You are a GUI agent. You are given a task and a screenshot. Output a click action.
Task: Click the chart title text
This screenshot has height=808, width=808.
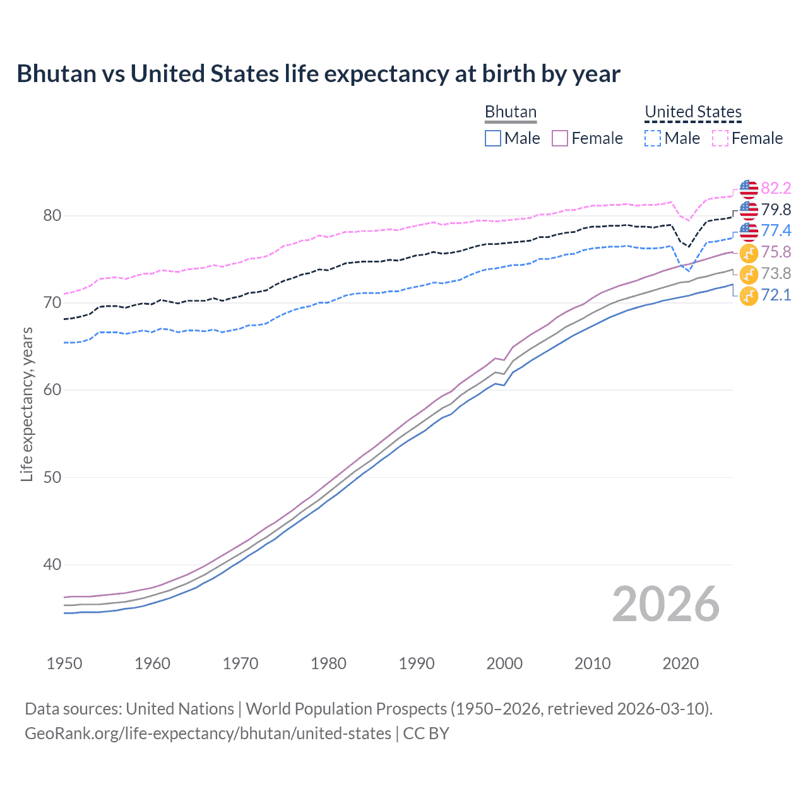318,74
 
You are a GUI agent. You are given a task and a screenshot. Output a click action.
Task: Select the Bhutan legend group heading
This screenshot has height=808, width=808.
510,112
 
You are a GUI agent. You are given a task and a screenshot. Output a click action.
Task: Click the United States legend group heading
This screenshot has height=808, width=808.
692,112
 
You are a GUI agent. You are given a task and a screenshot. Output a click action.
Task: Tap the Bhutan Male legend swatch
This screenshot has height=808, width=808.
493,138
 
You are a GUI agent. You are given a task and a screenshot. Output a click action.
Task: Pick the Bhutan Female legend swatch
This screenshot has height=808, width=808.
560,138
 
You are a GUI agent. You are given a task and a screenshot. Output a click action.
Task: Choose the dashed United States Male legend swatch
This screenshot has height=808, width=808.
653,138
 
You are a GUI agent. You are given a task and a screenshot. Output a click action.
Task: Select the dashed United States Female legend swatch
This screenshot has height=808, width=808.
720,138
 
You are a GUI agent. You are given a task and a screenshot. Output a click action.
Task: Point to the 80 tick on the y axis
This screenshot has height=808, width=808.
52,216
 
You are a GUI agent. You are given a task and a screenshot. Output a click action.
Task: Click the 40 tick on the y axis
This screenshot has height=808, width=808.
52,564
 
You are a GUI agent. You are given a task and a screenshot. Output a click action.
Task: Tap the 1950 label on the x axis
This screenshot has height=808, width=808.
64,663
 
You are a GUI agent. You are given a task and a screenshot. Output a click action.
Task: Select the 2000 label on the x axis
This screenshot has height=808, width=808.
504,663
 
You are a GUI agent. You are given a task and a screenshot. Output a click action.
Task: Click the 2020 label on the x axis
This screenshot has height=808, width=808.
680,663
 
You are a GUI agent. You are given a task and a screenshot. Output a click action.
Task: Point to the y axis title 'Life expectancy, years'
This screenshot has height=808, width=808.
27,404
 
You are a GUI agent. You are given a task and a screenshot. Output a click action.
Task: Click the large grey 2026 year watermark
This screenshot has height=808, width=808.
665,604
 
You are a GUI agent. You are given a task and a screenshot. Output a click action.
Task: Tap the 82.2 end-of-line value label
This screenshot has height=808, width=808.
776,189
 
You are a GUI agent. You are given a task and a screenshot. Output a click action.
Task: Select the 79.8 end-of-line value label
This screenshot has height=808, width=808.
776,210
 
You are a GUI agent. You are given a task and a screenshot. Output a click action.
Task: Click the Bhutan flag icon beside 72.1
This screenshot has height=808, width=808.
749,295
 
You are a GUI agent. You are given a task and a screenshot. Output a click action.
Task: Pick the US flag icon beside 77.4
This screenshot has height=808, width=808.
749,231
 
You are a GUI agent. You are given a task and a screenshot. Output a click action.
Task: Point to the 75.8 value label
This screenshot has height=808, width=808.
776,252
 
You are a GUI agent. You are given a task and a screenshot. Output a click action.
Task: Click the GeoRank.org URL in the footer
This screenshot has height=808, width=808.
208,734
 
